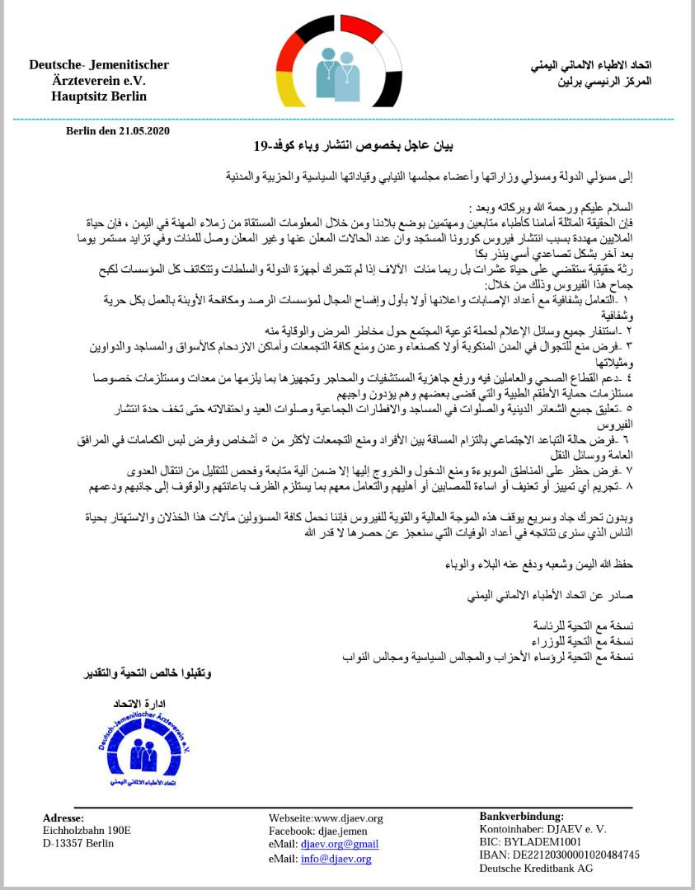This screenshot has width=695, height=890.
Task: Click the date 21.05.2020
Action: click(143, 130)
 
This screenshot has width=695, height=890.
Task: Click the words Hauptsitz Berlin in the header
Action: click(99, 96)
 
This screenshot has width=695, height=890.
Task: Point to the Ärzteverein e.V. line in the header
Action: click(98, 81)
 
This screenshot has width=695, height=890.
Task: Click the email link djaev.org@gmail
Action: click(340, 845)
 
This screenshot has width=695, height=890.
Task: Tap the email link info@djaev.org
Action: click(336, 859)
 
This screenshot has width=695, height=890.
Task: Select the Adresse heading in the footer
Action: click(63, 818)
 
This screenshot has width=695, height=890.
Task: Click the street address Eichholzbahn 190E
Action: click(87, 831)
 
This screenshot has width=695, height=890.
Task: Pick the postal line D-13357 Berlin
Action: click(78, 843)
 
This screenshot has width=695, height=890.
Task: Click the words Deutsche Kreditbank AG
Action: click(536, 868)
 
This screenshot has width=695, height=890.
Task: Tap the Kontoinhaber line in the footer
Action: click(542, 829)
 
